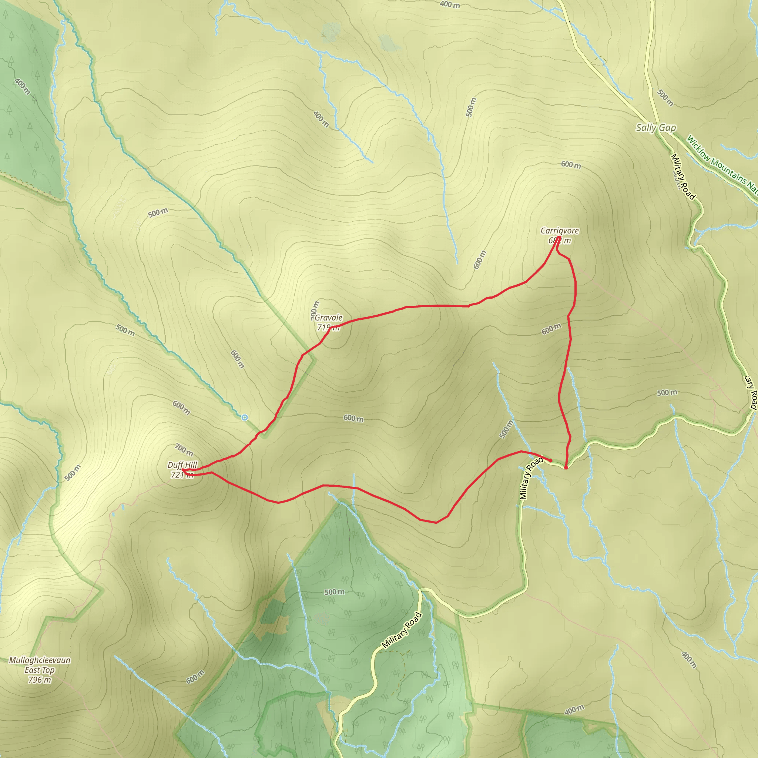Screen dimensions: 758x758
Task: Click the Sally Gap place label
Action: pos(656,128)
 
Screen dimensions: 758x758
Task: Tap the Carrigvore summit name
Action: pos(560,231)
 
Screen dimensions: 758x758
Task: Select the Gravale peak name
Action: pos(328,318)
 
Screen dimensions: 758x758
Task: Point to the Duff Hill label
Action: pos(182,465)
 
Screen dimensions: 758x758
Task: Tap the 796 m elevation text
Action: pos(39,680)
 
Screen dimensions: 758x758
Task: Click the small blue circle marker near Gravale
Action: pos(244,417)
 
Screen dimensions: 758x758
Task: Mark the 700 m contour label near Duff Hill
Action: pos(184,450)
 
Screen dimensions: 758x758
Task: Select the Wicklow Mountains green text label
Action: pos(721,165)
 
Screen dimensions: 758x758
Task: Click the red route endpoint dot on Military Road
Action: pos(566,467)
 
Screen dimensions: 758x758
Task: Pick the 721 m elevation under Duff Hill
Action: pos(182,475)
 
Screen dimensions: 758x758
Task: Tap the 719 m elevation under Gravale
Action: pos(328,327)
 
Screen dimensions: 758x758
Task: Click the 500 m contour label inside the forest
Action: pos(334,592)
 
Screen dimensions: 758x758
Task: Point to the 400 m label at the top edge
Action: pos(450,5)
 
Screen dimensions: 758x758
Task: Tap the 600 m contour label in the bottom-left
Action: pos(195,677)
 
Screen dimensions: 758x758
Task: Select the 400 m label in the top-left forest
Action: pos(22,87)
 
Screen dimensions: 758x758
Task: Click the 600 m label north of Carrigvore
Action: pos(570,165)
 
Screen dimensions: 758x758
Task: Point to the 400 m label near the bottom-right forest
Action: pos(574,710)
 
